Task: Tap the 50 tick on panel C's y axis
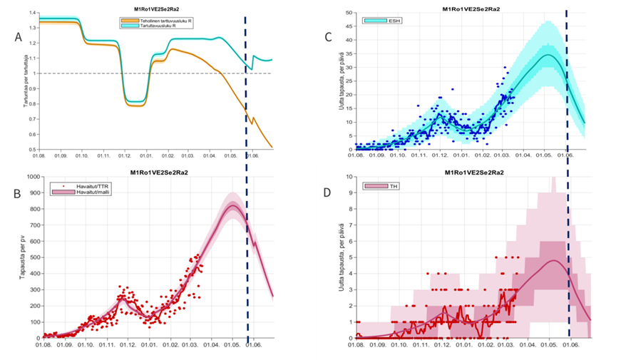349,13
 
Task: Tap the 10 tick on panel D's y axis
349,176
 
